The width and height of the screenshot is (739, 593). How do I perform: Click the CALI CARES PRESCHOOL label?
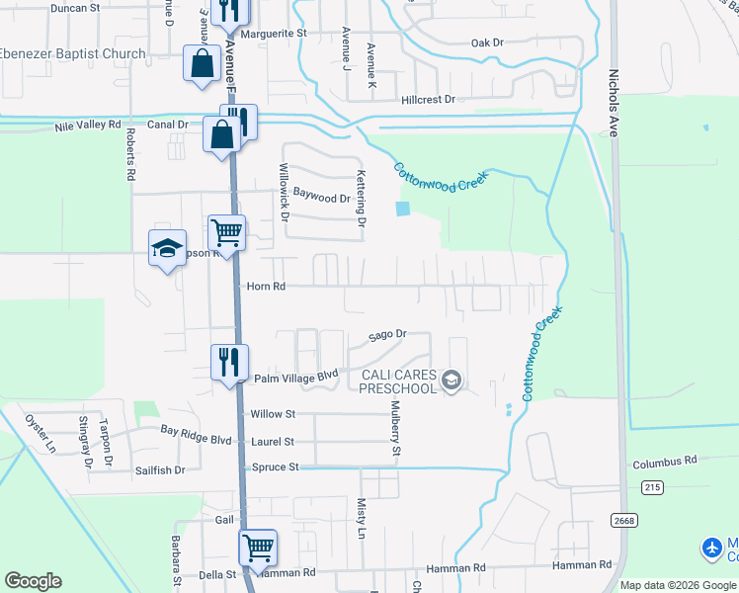(x=398, y=381)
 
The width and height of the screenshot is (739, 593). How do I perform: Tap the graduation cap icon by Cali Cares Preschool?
(x=452, y=381)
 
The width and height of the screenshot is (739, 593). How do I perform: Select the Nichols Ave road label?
(x=614, y=105)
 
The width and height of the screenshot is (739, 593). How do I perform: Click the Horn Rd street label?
(x=266, y=287)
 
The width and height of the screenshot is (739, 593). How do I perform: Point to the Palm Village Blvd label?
(x=296, y=377)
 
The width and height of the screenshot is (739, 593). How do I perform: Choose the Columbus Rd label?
(x=665, y=461)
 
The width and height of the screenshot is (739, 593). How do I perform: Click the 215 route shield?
(x=650, y=487)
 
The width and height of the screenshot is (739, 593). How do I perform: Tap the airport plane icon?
(x=711, y=547)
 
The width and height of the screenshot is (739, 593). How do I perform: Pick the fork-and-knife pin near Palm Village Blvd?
(x=229, y=361)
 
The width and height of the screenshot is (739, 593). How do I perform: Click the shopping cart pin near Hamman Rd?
(x=257, y=547)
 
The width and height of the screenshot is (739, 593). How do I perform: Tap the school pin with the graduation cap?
(x=167, y=247)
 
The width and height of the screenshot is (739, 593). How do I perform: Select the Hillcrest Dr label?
(x=428, y=100)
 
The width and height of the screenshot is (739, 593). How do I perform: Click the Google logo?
(x=33, y=581)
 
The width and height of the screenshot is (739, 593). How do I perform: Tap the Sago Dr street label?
(x=387, y=335)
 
